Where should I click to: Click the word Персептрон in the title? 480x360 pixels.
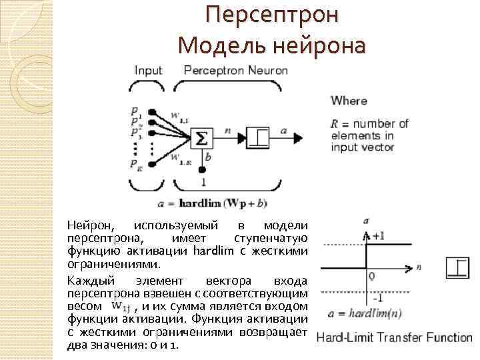(x=272, y=15)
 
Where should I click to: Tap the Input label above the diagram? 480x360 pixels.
(x=148, y=70)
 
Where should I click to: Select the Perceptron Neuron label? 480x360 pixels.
(x=235, y=70)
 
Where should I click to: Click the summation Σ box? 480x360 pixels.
(x=201, y=137)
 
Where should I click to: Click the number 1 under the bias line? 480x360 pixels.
(x=203, y=181)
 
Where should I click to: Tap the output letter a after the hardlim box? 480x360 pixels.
(x=283, y=131)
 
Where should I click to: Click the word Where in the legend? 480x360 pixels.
(x=349, y=101)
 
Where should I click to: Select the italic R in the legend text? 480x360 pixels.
(x=335, y=124)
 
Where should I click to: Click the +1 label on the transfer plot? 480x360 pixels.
(x=379, y=236)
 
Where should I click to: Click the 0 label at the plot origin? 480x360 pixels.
(x=371, y=275)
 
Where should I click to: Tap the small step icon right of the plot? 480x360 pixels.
(x=459, y=267)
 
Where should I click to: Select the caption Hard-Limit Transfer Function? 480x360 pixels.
(x=394, y=337)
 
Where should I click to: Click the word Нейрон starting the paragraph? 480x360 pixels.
(x=91, y=227)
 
